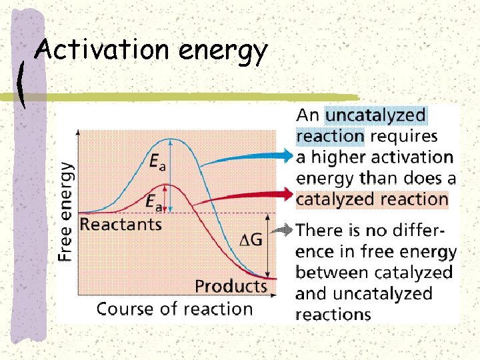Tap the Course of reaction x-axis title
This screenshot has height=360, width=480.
[175, 309]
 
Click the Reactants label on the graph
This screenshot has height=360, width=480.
[121, 224]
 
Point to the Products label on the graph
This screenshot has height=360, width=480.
[231, 287]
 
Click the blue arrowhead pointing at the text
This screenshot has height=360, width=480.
[287, 155]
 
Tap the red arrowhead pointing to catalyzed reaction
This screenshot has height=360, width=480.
[287, 194]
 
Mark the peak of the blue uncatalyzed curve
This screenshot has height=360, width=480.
[172, 139]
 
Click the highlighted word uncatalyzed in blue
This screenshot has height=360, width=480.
[375, 115]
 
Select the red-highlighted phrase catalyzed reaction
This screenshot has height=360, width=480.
[372, 199]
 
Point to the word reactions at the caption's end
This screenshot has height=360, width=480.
[333, 315]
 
